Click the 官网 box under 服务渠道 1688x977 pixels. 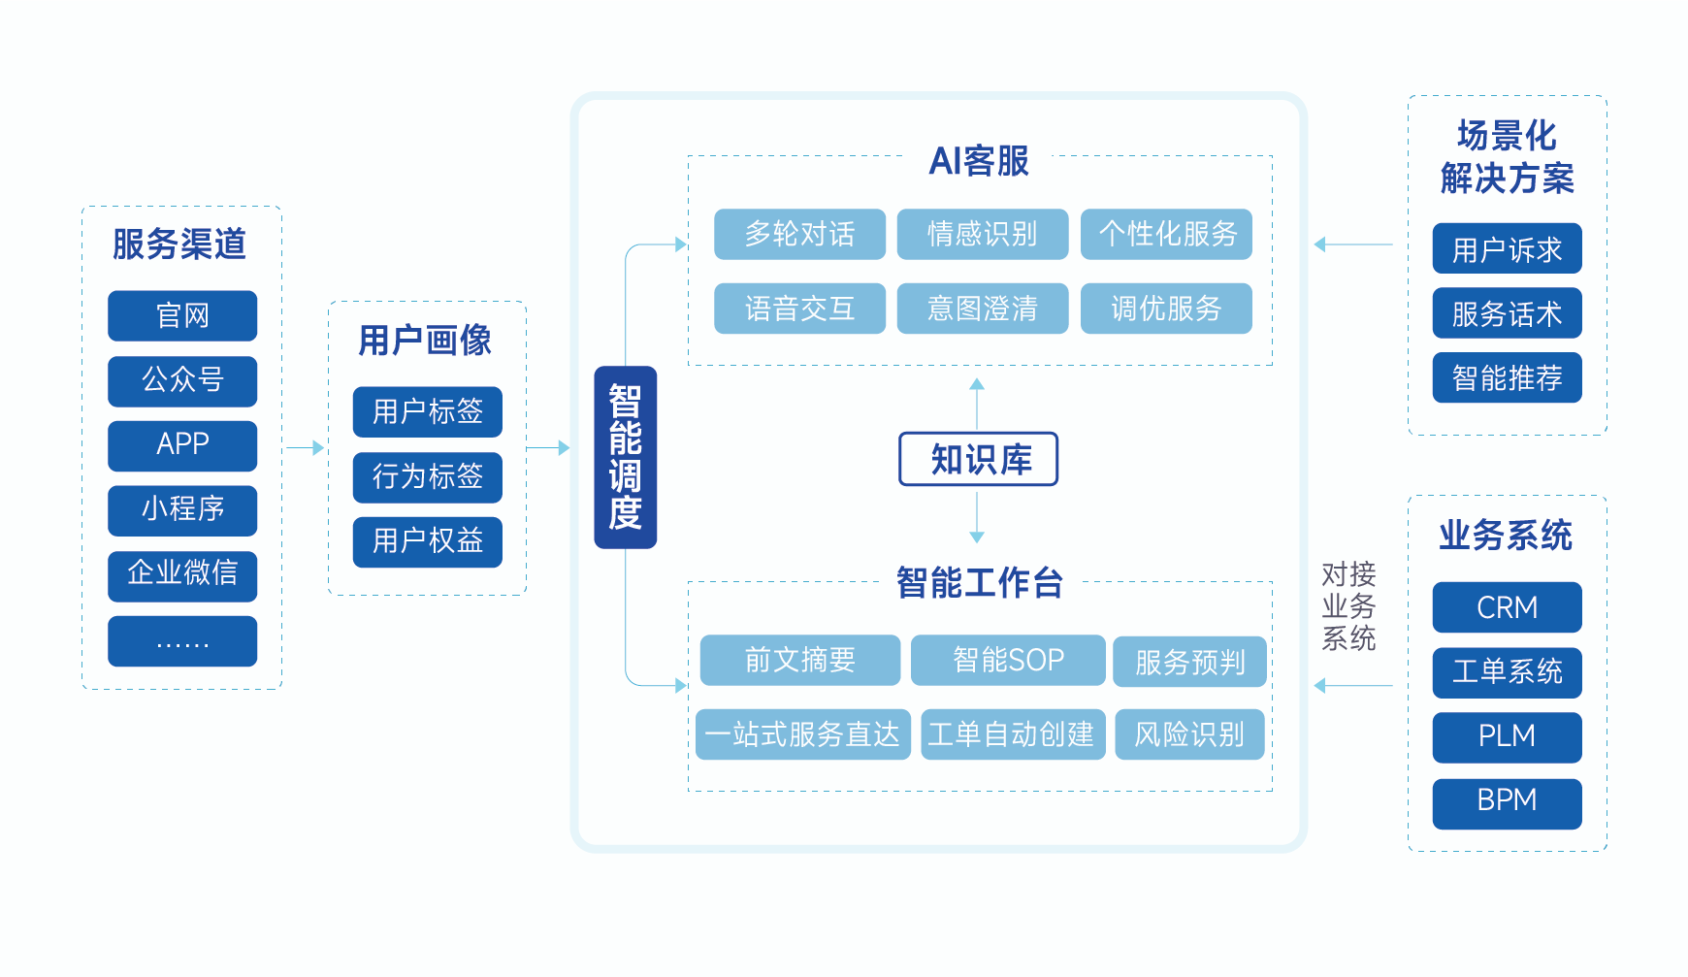pyautogui.click(x=182, y=315)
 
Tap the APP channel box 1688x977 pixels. pyautogui.click(x=182, y=445)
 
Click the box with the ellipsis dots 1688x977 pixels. pyautogui.click(x=182, y=641)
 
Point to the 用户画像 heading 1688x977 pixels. pyautogui.click(x=425, y=341)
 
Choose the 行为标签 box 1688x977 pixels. pyautogui.click(x=427, y=476)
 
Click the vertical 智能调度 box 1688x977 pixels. pyautogui.click(x=625, y=457)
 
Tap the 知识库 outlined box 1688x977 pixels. pyautogui.click(x=978, y=459)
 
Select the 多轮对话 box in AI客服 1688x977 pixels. pyautogui.click(x=799, y=234)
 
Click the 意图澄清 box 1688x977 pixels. pyautogui.click(x=982, y=309)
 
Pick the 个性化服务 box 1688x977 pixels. pyautogui.click(x=1166, y=234)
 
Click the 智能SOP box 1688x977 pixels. pyautogui.click(x=1007, y=661)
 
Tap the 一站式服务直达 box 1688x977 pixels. pyautogui.click(x=802, y=734)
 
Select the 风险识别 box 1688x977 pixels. pyautogui.click(x=1189, y=734)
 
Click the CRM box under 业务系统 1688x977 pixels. pyautogui.click(x=1507, y=607)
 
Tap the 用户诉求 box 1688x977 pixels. pyautogui.click(x=1507, y=249)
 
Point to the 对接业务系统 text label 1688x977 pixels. pyautogui.click(x=1348, y=606)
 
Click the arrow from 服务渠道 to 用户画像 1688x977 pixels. pyautogui.click(x=305, y=447)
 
